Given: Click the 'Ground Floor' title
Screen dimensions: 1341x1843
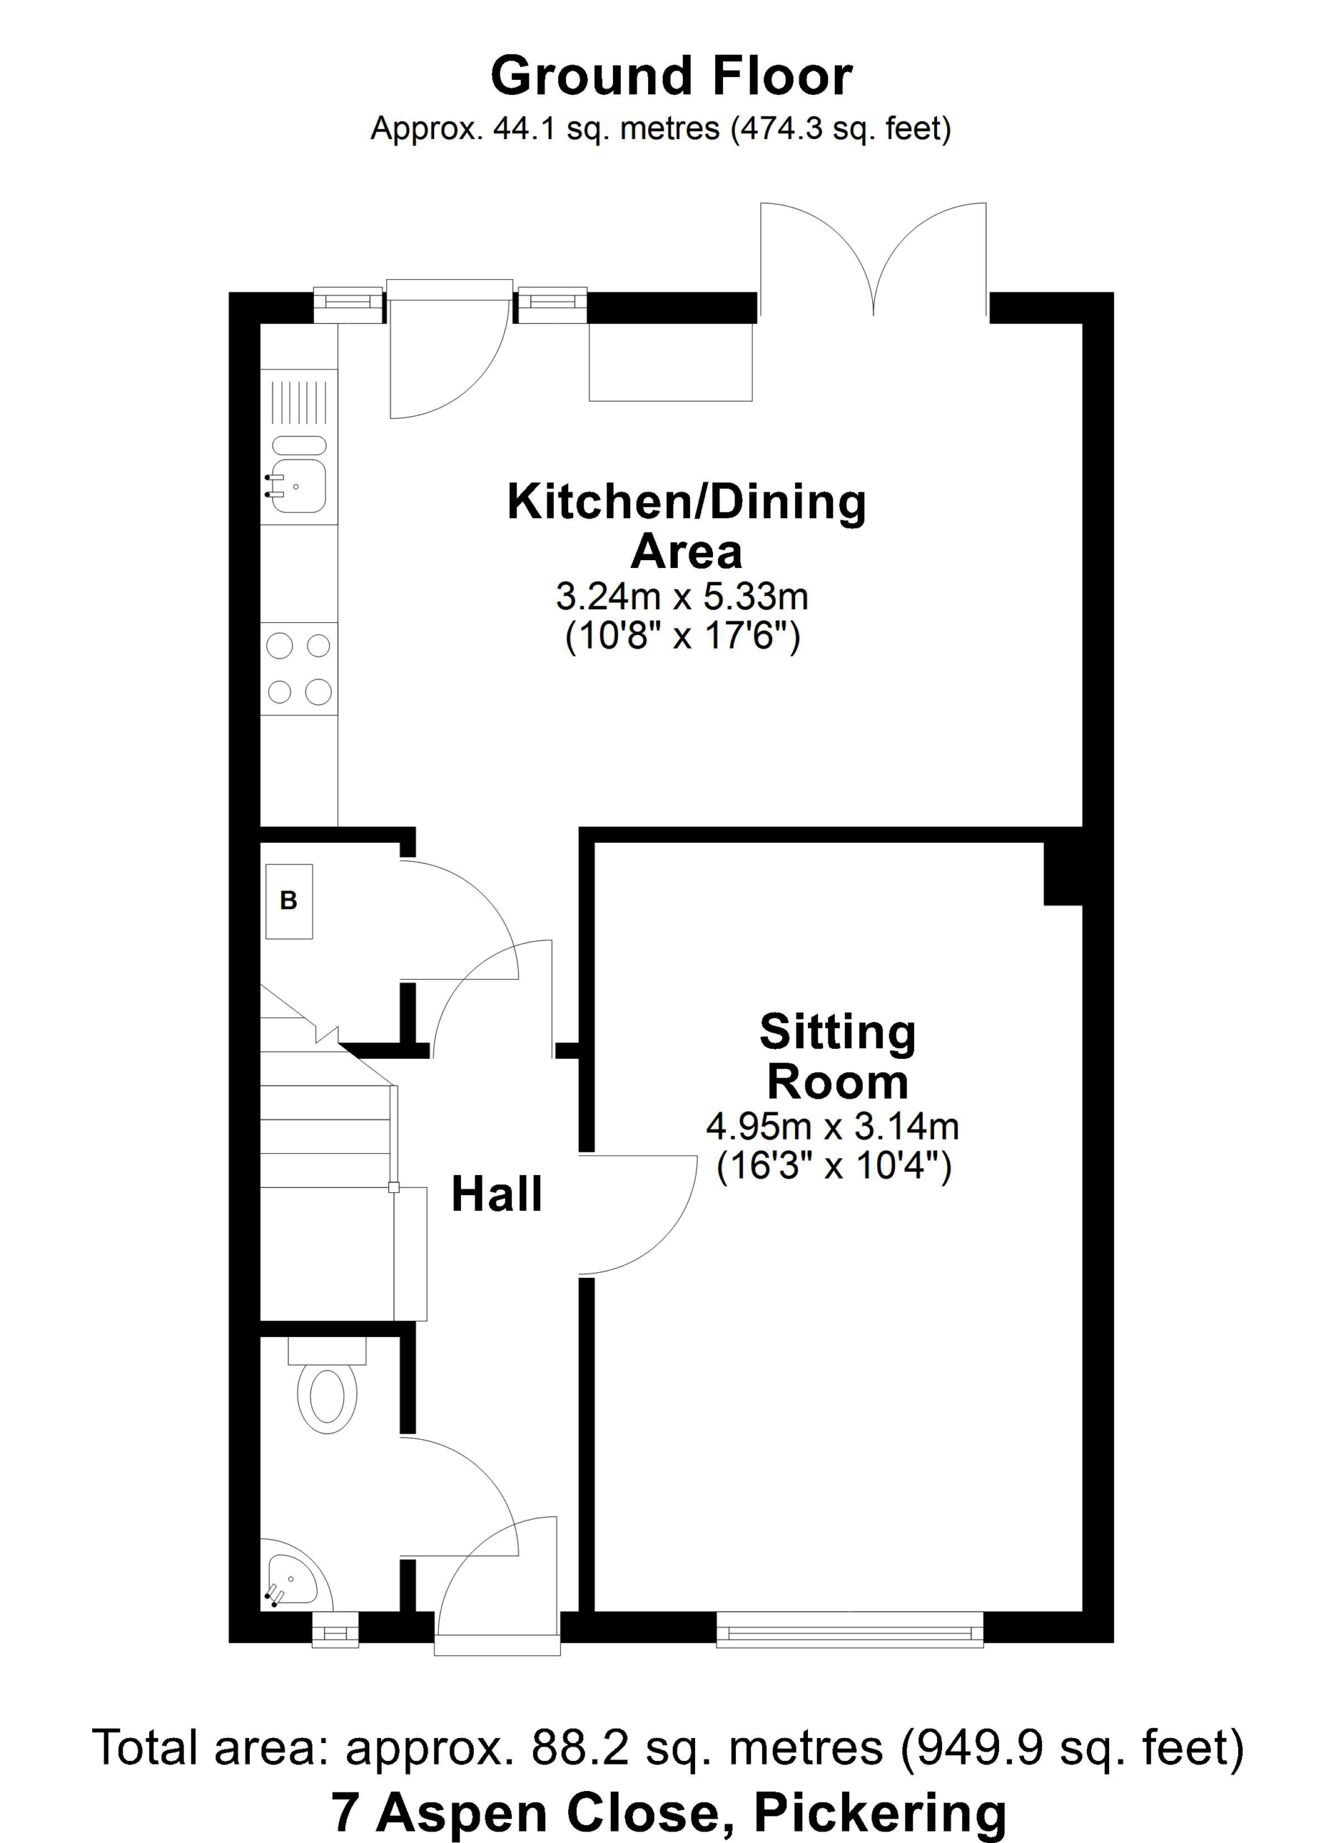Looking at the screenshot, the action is click(x=671, y=76).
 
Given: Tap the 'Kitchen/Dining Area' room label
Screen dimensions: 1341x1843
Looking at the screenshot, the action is click(x=687, y=526).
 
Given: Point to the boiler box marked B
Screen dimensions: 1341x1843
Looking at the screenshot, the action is click(x=290, y=901).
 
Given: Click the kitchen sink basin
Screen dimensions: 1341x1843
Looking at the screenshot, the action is click(x=298, y=486).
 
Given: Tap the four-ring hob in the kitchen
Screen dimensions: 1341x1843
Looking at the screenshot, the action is click(x=299, y=669).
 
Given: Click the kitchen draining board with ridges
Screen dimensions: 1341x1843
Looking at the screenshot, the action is click(x=299, y=402).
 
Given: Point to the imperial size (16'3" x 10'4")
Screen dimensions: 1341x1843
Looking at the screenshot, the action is click(x=834, y=1167).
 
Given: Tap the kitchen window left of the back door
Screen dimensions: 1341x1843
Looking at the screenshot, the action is click(x=349, y=305).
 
